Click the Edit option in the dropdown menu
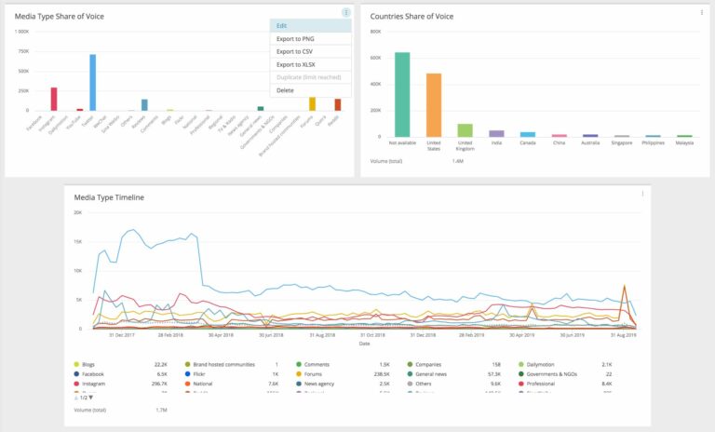click(x=282, y=26)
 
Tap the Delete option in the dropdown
click(x=285, y=90)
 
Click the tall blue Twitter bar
click(x=93, y=83)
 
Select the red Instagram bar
click(x=54, y=99)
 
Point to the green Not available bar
click(x=402, y=94)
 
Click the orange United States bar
click(x=434, y=104)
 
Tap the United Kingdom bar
click(x=465, y=129)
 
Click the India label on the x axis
click(x=496, y=144)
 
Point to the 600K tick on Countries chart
click(x=376, y=57)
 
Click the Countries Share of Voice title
click(x=412, y=17)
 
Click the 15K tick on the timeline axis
click(x=77, y=241)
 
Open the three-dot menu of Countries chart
click(x=702, y=13)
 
